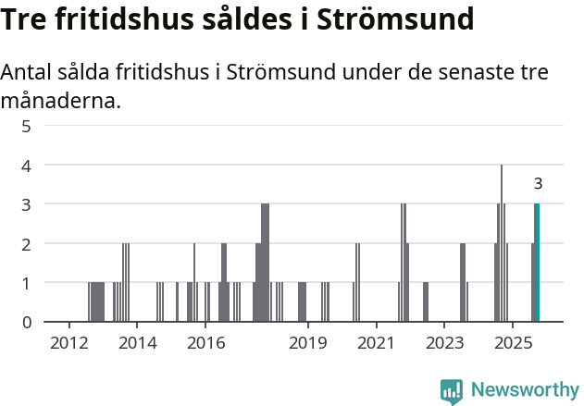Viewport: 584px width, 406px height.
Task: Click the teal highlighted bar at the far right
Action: click(537, 263)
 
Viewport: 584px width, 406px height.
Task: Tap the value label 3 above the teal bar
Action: click(538, 184)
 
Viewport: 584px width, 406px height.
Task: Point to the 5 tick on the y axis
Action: click(26, 126)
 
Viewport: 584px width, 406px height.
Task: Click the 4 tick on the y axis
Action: click(26, 166)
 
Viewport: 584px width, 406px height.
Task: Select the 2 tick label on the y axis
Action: click(26, 244)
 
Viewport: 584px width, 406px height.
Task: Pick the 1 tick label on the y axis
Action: click(26, 283)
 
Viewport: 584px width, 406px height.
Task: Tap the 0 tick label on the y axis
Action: click(26, 322)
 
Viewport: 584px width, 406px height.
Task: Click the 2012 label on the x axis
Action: click(69, 344)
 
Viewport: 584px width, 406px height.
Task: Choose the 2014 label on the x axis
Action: click(138, 344)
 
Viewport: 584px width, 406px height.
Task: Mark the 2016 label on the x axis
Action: click(205, 344)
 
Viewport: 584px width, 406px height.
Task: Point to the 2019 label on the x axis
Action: click(308, 344)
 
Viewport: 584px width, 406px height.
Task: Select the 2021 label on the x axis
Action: click(376, 344)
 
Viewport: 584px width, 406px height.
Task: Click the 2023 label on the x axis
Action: click(444, 344)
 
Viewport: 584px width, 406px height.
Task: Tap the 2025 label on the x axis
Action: click(512, 344)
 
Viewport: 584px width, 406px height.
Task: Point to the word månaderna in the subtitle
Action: click(61, 100)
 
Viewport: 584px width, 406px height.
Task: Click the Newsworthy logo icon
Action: click(452, 390)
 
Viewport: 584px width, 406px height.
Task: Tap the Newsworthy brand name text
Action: click(524, 390)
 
